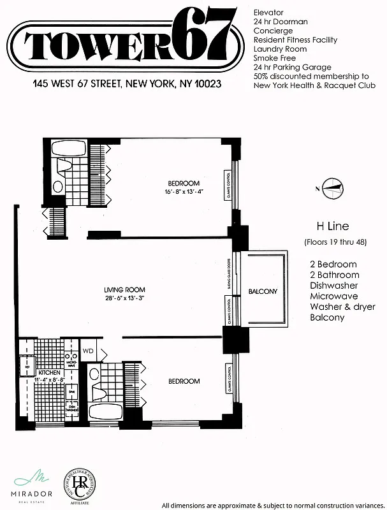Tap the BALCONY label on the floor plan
[x=263, y=291]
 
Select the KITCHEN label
[x=49, y=372]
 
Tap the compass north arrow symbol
[x=332, y=187]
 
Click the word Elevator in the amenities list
[x=268, y=12]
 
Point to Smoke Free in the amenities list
[x=275, y=58]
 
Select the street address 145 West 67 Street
[x=127, y=84]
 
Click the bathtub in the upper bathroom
[x=69, y=151]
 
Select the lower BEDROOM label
[x=184, y=381]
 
